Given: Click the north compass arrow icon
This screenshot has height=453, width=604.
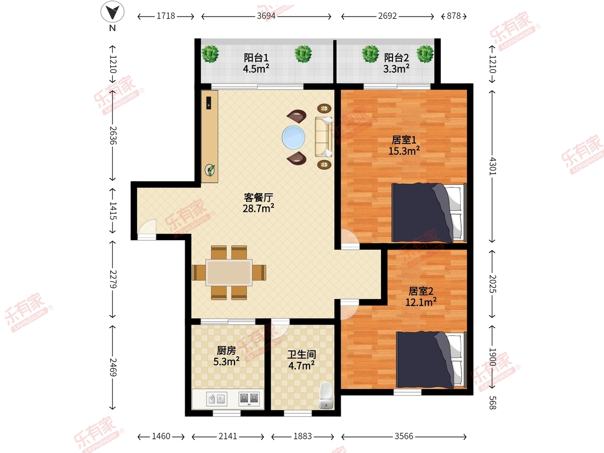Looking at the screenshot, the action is tap(112, 12).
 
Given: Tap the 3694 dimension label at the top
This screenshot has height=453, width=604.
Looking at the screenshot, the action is tap(266, 16).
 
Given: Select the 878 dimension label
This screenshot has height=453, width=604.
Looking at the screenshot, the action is tap(454, 16).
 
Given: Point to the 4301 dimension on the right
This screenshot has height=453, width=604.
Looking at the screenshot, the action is tap(493, 166).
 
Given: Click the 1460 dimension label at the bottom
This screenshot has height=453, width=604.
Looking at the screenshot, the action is tap(161, 436).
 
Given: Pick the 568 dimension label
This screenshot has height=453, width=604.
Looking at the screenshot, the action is tap(493, 403).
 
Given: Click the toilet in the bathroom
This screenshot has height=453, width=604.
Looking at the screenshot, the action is tap(326, 396).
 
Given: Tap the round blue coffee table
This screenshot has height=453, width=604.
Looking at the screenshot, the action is tap(293, 137).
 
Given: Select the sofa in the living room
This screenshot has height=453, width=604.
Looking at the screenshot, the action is tap(324, 137).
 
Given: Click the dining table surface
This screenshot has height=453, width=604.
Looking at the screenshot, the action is tap(229, 272).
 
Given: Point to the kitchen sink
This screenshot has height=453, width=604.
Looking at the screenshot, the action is tap(217, 399).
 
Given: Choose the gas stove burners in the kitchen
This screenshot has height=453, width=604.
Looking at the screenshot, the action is tap(249, 399).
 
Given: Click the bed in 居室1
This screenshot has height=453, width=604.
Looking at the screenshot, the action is tap(429, 212).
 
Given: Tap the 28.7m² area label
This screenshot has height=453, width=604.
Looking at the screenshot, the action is tap(258, 208).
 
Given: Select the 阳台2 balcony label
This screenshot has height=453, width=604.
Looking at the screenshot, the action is tap(397, 58).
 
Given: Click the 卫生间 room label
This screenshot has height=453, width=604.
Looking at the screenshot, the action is tap(301, 354).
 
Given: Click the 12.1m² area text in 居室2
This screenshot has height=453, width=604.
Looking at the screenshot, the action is tap(421, 303).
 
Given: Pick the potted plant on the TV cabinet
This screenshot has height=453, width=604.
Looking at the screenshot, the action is tap(210, 170).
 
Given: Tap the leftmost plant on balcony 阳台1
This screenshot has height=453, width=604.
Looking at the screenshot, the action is tap(210, 54).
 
